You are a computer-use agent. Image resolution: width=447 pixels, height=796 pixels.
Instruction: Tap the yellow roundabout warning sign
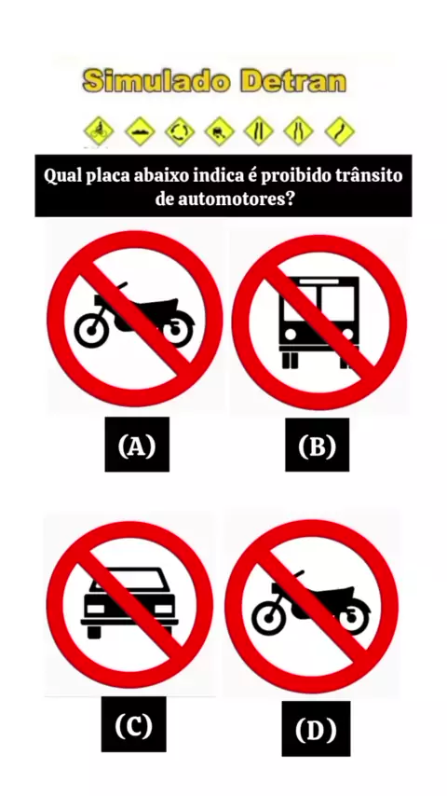[180, 131]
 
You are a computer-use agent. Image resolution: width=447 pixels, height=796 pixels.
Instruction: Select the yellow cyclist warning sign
[99, 131]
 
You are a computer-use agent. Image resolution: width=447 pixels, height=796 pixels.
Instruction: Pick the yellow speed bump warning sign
[140, 131]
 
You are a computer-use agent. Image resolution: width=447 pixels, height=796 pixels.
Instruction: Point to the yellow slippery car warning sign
[219, 131]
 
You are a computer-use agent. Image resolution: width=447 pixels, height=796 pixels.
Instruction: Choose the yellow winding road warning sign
[339, 131]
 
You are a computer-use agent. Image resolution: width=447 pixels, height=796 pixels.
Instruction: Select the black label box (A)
[137, 445]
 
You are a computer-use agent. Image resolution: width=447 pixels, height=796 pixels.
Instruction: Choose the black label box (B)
[318, 445]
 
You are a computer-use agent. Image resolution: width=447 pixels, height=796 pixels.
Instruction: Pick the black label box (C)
[133, 724]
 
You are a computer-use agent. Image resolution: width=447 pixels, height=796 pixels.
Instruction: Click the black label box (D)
[316, 729]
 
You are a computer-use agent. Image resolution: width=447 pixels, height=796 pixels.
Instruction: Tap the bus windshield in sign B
[319, 304]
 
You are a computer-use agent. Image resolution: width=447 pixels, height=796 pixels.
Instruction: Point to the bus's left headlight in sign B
[291, 335]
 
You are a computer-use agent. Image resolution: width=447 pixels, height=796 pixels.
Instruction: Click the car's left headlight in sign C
[95, 609]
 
